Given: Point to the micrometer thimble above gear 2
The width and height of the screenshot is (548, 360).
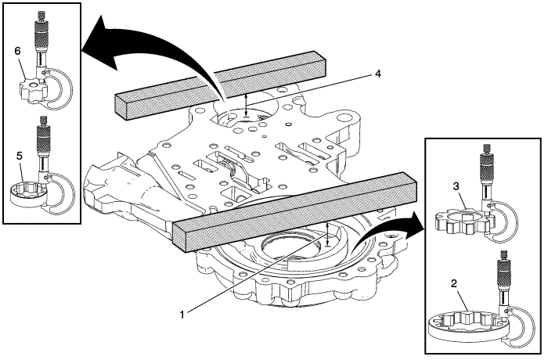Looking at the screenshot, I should (501, 274).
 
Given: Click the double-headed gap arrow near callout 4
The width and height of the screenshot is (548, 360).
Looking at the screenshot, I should (247, 103).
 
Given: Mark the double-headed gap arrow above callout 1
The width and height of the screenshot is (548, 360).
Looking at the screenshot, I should (327, 232).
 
